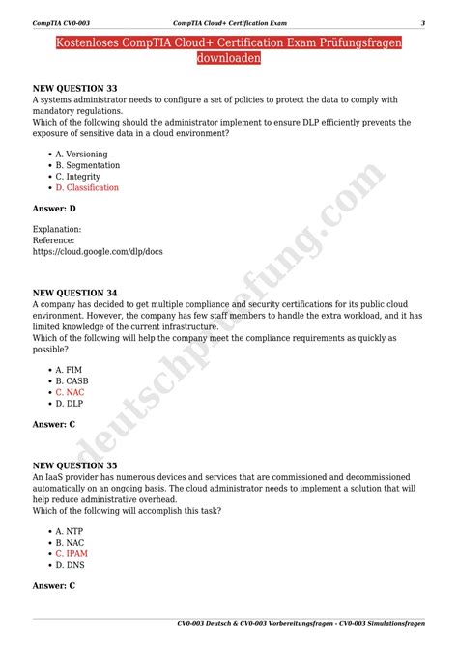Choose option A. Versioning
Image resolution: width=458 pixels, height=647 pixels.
[81, 154]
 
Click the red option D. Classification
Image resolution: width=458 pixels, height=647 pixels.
[87, 187]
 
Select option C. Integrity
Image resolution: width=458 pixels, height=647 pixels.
[78, 176]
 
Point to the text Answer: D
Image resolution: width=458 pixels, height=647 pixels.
[54, 208]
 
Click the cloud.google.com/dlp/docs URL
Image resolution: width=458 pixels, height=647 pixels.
[98, 251]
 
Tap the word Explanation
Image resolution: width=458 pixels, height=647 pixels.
[57, 229]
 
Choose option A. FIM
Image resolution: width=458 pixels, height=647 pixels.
[70, 370]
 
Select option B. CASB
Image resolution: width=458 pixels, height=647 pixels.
[72, 381]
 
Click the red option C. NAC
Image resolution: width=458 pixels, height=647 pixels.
[71, 393]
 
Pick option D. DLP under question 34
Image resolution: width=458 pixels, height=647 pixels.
[71, 404]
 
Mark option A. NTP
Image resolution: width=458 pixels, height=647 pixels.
[70, 531]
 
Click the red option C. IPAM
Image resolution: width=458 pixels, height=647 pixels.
[72, 554]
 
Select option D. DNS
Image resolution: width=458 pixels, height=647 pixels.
[71, 565]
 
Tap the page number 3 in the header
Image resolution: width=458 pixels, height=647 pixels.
[422, 22]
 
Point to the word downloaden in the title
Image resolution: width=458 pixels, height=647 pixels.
[229, 58]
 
